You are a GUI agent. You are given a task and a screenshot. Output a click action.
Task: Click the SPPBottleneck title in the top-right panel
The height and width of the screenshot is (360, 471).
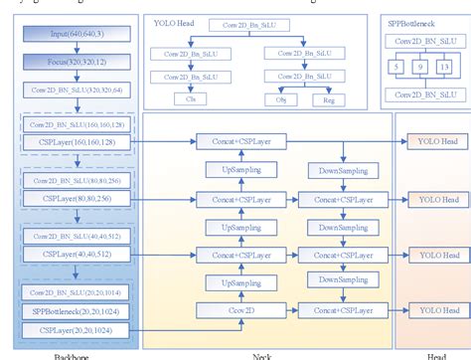411,21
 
